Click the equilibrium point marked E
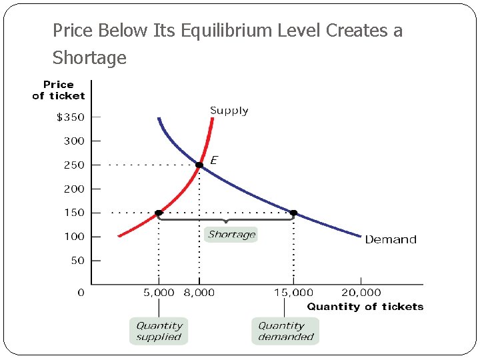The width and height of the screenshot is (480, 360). point(199,165)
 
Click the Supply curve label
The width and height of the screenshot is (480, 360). point(229,111)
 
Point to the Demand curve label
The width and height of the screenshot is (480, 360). point(390,239)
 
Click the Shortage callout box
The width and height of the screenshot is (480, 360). point(231,235)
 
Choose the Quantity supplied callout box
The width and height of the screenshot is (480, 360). point(159,331)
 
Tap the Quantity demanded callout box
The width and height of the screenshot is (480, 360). point(285,331)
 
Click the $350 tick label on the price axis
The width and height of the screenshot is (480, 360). point(70,117)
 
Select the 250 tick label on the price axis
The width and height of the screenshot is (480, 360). point(73,165)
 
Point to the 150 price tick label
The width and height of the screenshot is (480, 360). point(73,213)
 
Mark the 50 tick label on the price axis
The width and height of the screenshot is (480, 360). point(77,261)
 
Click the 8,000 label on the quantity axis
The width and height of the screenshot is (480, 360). point(199,293)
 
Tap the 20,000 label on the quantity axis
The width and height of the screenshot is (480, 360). point(361,293)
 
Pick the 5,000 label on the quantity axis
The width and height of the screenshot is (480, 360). point(159,293)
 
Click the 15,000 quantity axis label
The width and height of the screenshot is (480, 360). point(293,293)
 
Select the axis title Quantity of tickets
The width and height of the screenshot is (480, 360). point(365,307)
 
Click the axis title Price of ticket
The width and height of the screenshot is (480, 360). point(59,90)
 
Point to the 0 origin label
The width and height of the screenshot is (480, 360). point(81,293)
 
